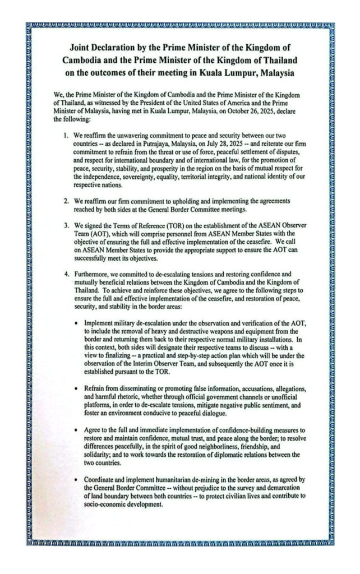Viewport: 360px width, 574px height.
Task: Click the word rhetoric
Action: (x=118, y=396)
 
